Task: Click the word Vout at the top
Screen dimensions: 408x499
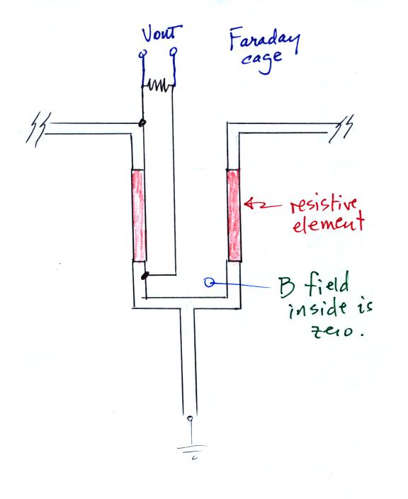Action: (x=162, y=33)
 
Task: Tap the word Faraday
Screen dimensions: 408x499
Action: (x=265, y=40)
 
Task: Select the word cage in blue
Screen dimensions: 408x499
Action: (x=261, y=61)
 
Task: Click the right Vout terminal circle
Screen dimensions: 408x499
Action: (x=174, y=51)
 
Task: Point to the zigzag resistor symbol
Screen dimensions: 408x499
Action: (x=158, y=86)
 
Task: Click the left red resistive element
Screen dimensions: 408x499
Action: (x=139, y=215)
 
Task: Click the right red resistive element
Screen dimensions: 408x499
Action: (x=234, y=215)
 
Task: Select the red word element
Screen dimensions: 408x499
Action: (x=328, y=223)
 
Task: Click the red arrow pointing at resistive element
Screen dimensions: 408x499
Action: (x=263, y=205)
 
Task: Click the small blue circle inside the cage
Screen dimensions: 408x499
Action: (x=209, y=282)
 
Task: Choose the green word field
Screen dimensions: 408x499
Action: (x=327, y=283)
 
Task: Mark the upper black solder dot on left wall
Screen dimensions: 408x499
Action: (x=142, y=122)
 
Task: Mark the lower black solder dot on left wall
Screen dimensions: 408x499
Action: (x=144, y=276)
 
